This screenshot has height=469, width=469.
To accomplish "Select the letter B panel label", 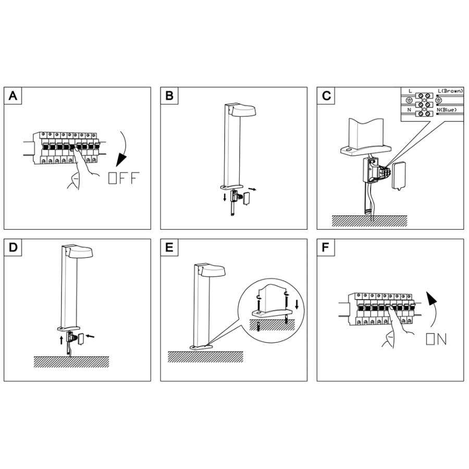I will pyautogui.click(x=169, y=96).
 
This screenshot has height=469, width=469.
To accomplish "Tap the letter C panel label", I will pyautogui.click(x=326, y=96).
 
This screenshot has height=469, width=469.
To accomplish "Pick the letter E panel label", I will pyautogui.click(x=169, y=248).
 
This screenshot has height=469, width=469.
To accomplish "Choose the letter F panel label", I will pyautogui.click(x=326, y=248).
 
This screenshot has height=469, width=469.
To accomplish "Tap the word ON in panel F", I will pyautogui.click(x=436, y=339).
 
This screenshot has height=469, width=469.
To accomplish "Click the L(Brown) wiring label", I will pyautogui.click(x=450, y=91).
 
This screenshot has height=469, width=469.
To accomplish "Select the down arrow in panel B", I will pyautogui.click(x=225, y=196).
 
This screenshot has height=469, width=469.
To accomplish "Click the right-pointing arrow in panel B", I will pyautogui.click(x=252, y=187).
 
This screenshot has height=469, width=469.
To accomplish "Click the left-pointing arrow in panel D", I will pyautogui.click(x=91, y=338).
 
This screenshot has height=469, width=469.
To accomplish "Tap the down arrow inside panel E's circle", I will pyautogui.click(x=297, y=304).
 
